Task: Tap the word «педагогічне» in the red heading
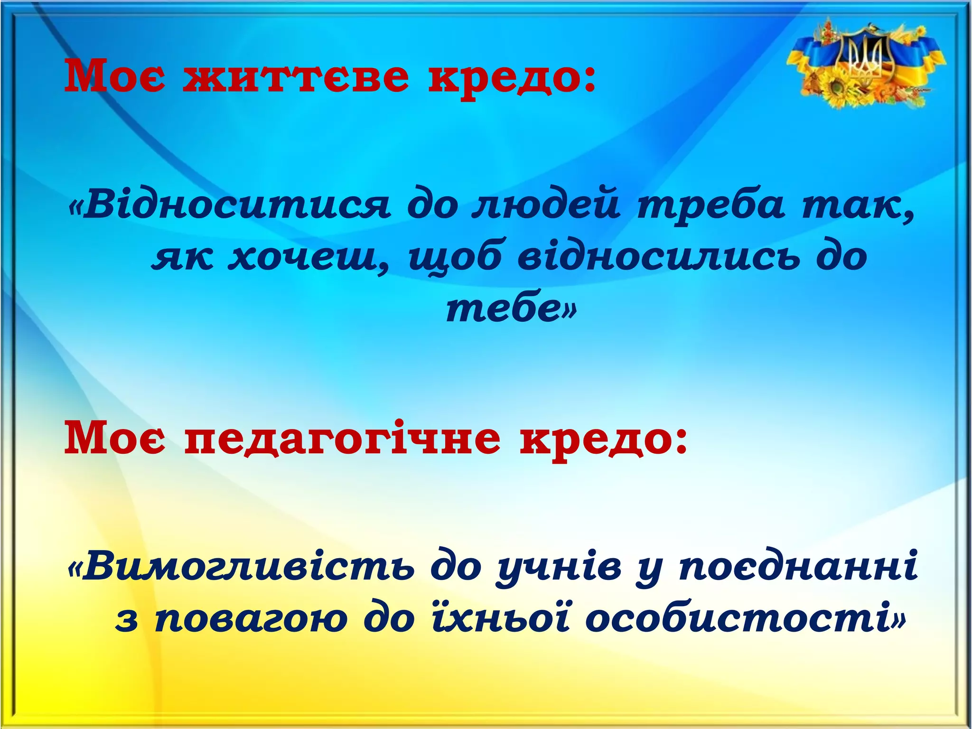[x=342, y=439]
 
